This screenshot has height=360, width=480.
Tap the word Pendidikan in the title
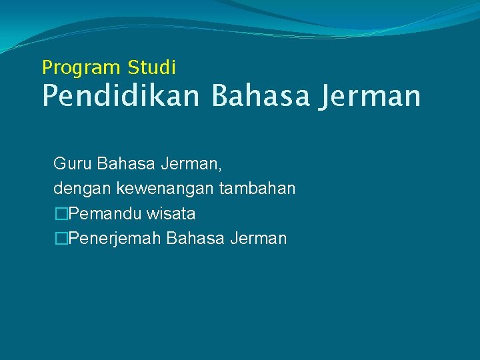[121, 96]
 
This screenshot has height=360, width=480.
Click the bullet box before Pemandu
[61, 214]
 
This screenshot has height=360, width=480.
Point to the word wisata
[171, 214]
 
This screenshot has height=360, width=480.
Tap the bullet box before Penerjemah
[61, 239]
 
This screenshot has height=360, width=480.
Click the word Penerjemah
[115, 239]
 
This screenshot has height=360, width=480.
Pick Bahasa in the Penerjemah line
[195, 239]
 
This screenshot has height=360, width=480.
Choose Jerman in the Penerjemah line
[258, 239]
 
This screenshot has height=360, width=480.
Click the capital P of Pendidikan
[51, 96]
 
